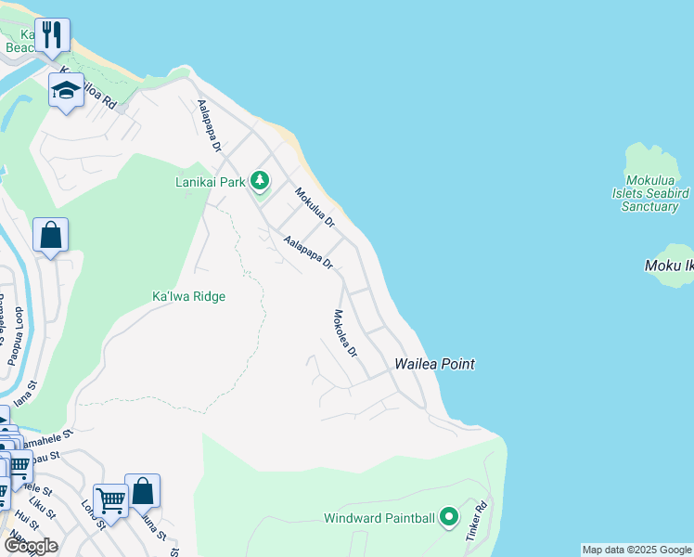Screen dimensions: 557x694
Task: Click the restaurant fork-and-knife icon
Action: tap(53, 35)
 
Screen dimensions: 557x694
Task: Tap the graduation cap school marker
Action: tap(66, 90)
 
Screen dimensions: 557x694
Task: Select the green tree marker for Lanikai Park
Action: tap(261, 181)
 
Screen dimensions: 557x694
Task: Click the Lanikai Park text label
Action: tap(211, 182)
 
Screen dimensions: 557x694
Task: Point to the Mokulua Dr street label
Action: tap(314, 208)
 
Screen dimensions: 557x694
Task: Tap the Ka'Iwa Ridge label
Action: tap(189, 297)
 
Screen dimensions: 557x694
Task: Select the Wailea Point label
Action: tap(435, 364)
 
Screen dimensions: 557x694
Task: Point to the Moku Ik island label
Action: tap(669, 266)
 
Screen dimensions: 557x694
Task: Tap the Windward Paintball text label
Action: tap(379, 518)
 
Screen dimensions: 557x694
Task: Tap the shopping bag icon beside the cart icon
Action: tap(143, 491)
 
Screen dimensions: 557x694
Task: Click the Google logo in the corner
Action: tap(31, 546)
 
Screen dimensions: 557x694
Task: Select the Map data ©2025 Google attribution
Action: tap(637, 550)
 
